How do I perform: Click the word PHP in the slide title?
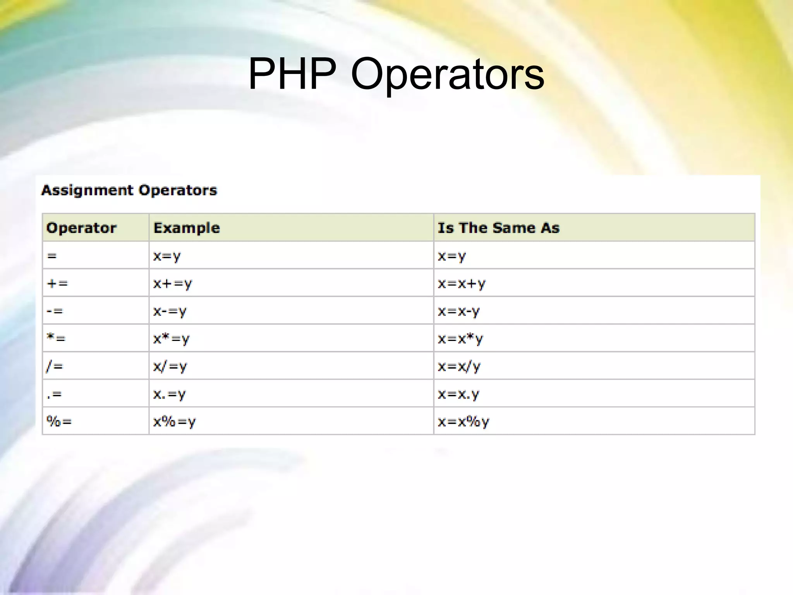(x=292, y=74)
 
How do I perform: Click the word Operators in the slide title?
(x=447, y=74)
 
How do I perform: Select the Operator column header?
(x=81, y=228)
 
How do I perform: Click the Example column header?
(x=187, y=228)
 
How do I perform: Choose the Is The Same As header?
(x=498, y=228)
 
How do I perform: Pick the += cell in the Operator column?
(x=57, y=284)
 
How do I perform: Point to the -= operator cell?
(x=55, y=311)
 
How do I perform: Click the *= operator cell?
(x=56, y=338)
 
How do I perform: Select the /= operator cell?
(x=55, y=366)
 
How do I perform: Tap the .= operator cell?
(x=54, y=394)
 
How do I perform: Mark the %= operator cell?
(x=59, y=421)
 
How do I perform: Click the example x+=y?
(x=172, y=284)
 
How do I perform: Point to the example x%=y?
(x=175, y=421)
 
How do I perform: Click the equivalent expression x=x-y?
(x=459, y=311)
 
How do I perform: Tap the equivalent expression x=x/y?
(x=459, y=366)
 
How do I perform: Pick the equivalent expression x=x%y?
(x=463, y=421)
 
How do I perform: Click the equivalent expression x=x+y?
(x=462, y=284)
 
